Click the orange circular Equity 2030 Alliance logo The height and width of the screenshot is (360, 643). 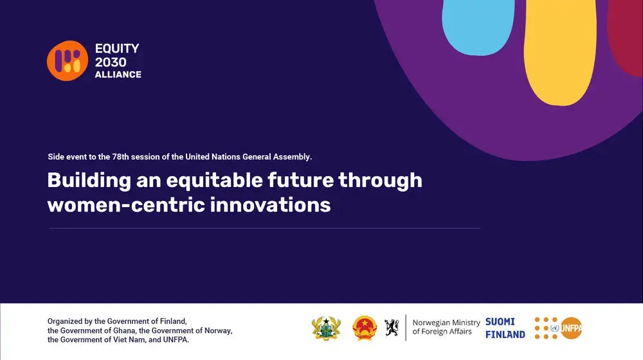tap(68, 60)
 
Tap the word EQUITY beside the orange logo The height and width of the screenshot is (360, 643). tap(117, 48)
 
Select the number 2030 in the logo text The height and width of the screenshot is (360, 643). tap(111, 62)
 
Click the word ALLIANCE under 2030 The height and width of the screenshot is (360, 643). tap(118, 75)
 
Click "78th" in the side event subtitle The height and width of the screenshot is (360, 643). tap(120, 157)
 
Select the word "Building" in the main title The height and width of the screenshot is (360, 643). tap(89, 181)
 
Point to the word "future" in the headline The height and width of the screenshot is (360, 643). tap(300, 180)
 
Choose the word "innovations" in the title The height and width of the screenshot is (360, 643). tap(270, 204)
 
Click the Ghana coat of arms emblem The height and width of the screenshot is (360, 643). tap(326, 328)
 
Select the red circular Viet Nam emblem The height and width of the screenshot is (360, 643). tap(365, 328)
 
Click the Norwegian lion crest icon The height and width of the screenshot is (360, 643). tap(392, 328)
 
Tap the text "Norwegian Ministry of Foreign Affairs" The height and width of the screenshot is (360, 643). tap(446, 327)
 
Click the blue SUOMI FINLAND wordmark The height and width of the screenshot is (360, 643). tap(505, 328)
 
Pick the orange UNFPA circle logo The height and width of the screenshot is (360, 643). tap(571, 328)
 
